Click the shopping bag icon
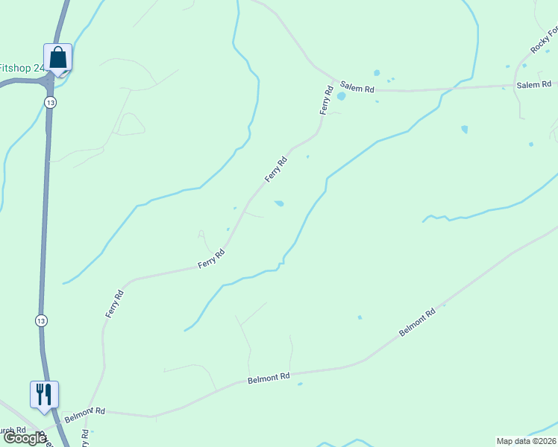57,57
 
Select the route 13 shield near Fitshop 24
48,102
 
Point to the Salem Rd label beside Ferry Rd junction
357,88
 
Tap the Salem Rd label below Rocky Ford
533,85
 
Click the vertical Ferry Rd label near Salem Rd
326,101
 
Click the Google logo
25,438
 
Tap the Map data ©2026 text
526,441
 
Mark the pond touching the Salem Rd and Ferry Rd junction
341,96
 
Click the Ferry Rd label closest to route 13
114,304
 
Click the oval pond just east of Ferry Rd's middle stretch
279,203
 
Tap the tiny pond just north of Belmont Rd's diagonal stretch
360,317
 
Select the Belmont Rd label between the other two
268,379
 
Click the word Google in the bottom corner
25,438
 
